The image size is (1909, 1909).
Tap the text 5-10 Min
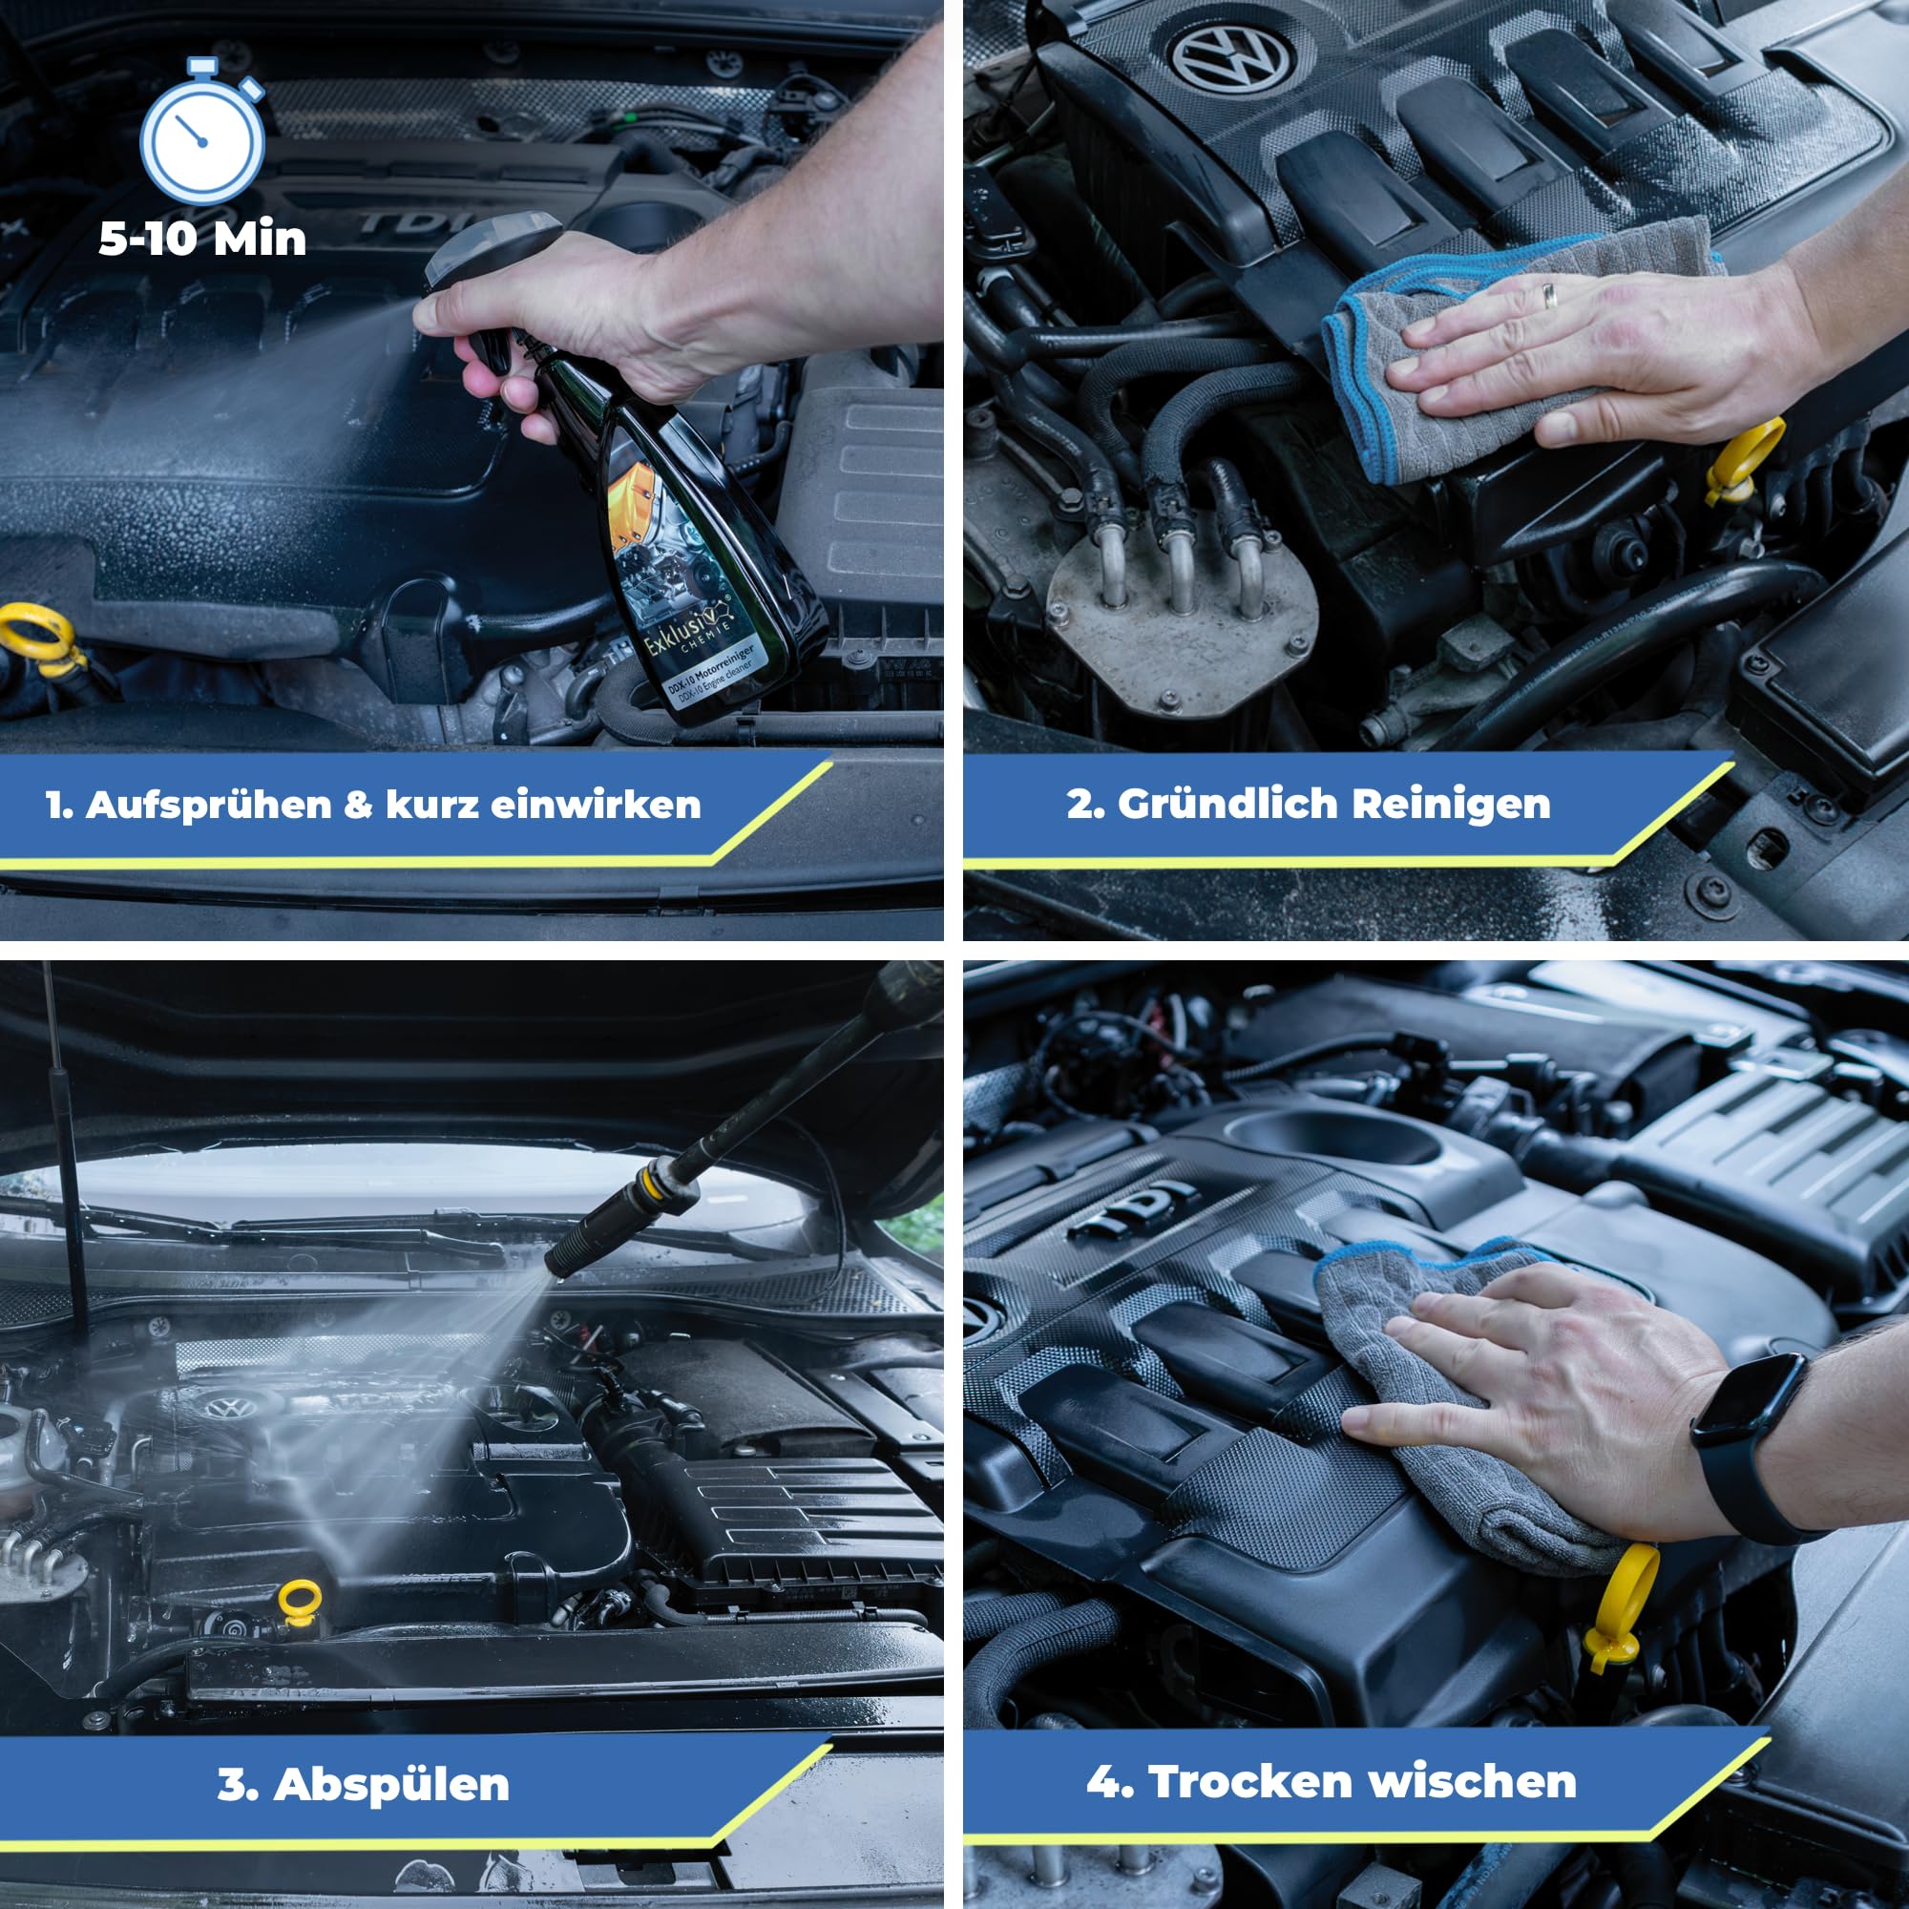(x=202, y=238)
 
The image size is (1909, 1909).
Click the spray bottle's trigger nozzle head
(x=484, y=247)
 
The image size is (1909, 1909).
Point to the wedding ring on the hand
(x=1549, y=293)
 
